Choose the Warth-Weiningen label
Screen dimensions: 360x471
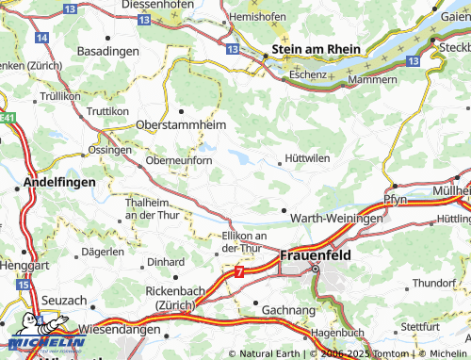(336, 218)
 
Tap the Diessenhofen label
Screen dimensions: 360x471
(166, 5)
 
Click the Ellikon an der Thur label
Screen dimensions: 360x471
(243, 241)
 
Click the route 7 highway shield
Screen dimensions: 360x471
(239, 273)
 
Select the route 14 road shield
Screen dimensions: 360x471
(41, 37)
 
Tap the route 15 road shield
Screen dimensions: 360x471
(24, 283)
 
